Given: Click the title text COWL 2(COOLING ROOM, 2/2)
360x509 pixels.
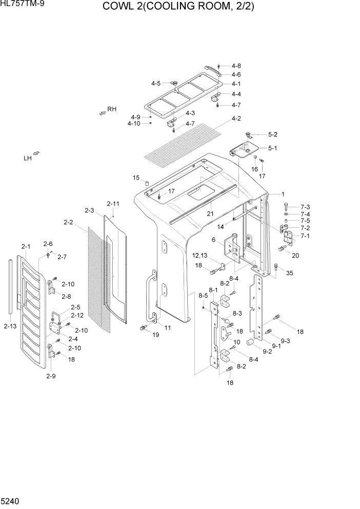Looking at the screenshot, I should pos(178,7).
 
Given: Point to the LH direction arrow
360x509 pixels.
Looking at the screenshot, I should pos(36,154).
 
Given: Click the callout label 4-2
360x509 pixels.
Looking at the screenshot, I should pos(236,119).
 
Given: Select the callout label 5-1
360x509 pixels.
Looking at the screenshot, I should pos(273,148).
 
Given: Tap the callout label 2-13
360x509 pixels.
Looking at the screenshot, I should pos(10,326).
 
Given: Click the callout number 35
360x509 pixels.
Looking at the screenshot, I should pos(290,273).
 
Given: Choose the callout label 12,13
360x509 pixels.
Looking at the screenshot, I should pos(201,255).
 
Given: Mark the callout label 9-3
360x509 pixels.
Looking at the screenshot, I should pos(285,341).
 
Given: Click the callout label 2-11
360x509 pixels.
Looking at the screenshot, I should pos(113,204).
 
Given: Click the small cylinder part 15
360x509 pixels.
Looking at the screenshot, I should pos(146,183).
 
